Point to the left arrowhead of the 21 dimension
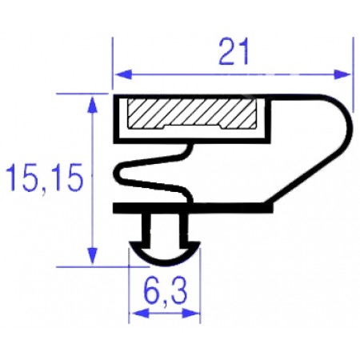coord(120,74)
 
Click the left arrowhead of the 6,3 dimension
coord(135,314)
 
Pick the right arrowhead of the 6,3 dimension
coord(195,314)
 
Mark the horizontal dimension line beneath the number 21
coord(233,74)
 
